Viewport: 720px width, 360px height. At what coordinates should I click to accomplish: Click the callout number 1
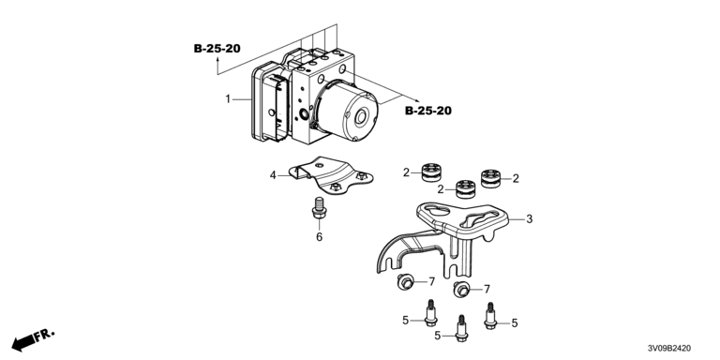click(228, 98)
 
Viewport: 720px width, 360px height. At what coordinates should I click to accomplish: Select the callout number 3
click(529, 219)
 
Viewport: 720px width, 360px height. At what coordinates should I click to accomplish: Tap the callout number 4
click(273, 175)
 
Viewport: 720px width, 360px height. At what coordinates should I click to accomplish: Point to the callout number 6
click(319, 237)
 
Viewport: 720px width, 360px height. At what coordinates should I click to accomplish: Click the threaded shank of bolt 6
click(319, 202)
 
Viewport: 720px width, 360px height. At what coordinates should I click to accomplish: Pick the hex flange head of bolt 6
click(319, 212)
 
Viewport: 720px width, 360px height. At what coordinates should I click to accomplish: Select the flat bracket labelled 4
click(331, 177)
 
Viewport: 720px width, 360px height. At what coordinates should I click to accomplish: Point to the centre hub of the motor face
click(360, 117)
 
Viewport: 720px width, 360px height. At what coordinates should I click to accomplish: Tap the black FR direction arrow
click(23, 342)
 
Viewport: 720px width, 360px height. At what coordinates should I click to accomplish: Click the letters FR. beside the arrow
click(46, 334)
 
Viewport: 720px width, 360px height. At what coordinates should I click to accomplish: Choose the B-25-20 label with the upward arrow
click(217, 48)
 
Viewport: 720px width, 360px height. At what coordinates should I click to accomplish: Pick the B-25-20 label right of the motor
click(427, 111)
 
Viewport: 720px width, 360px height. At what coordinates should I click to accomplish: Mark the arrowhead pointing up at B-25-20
click(217, 59)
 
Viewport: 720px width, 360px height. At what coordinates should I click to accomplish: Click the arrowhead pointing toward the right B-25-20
click(416, 100)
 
